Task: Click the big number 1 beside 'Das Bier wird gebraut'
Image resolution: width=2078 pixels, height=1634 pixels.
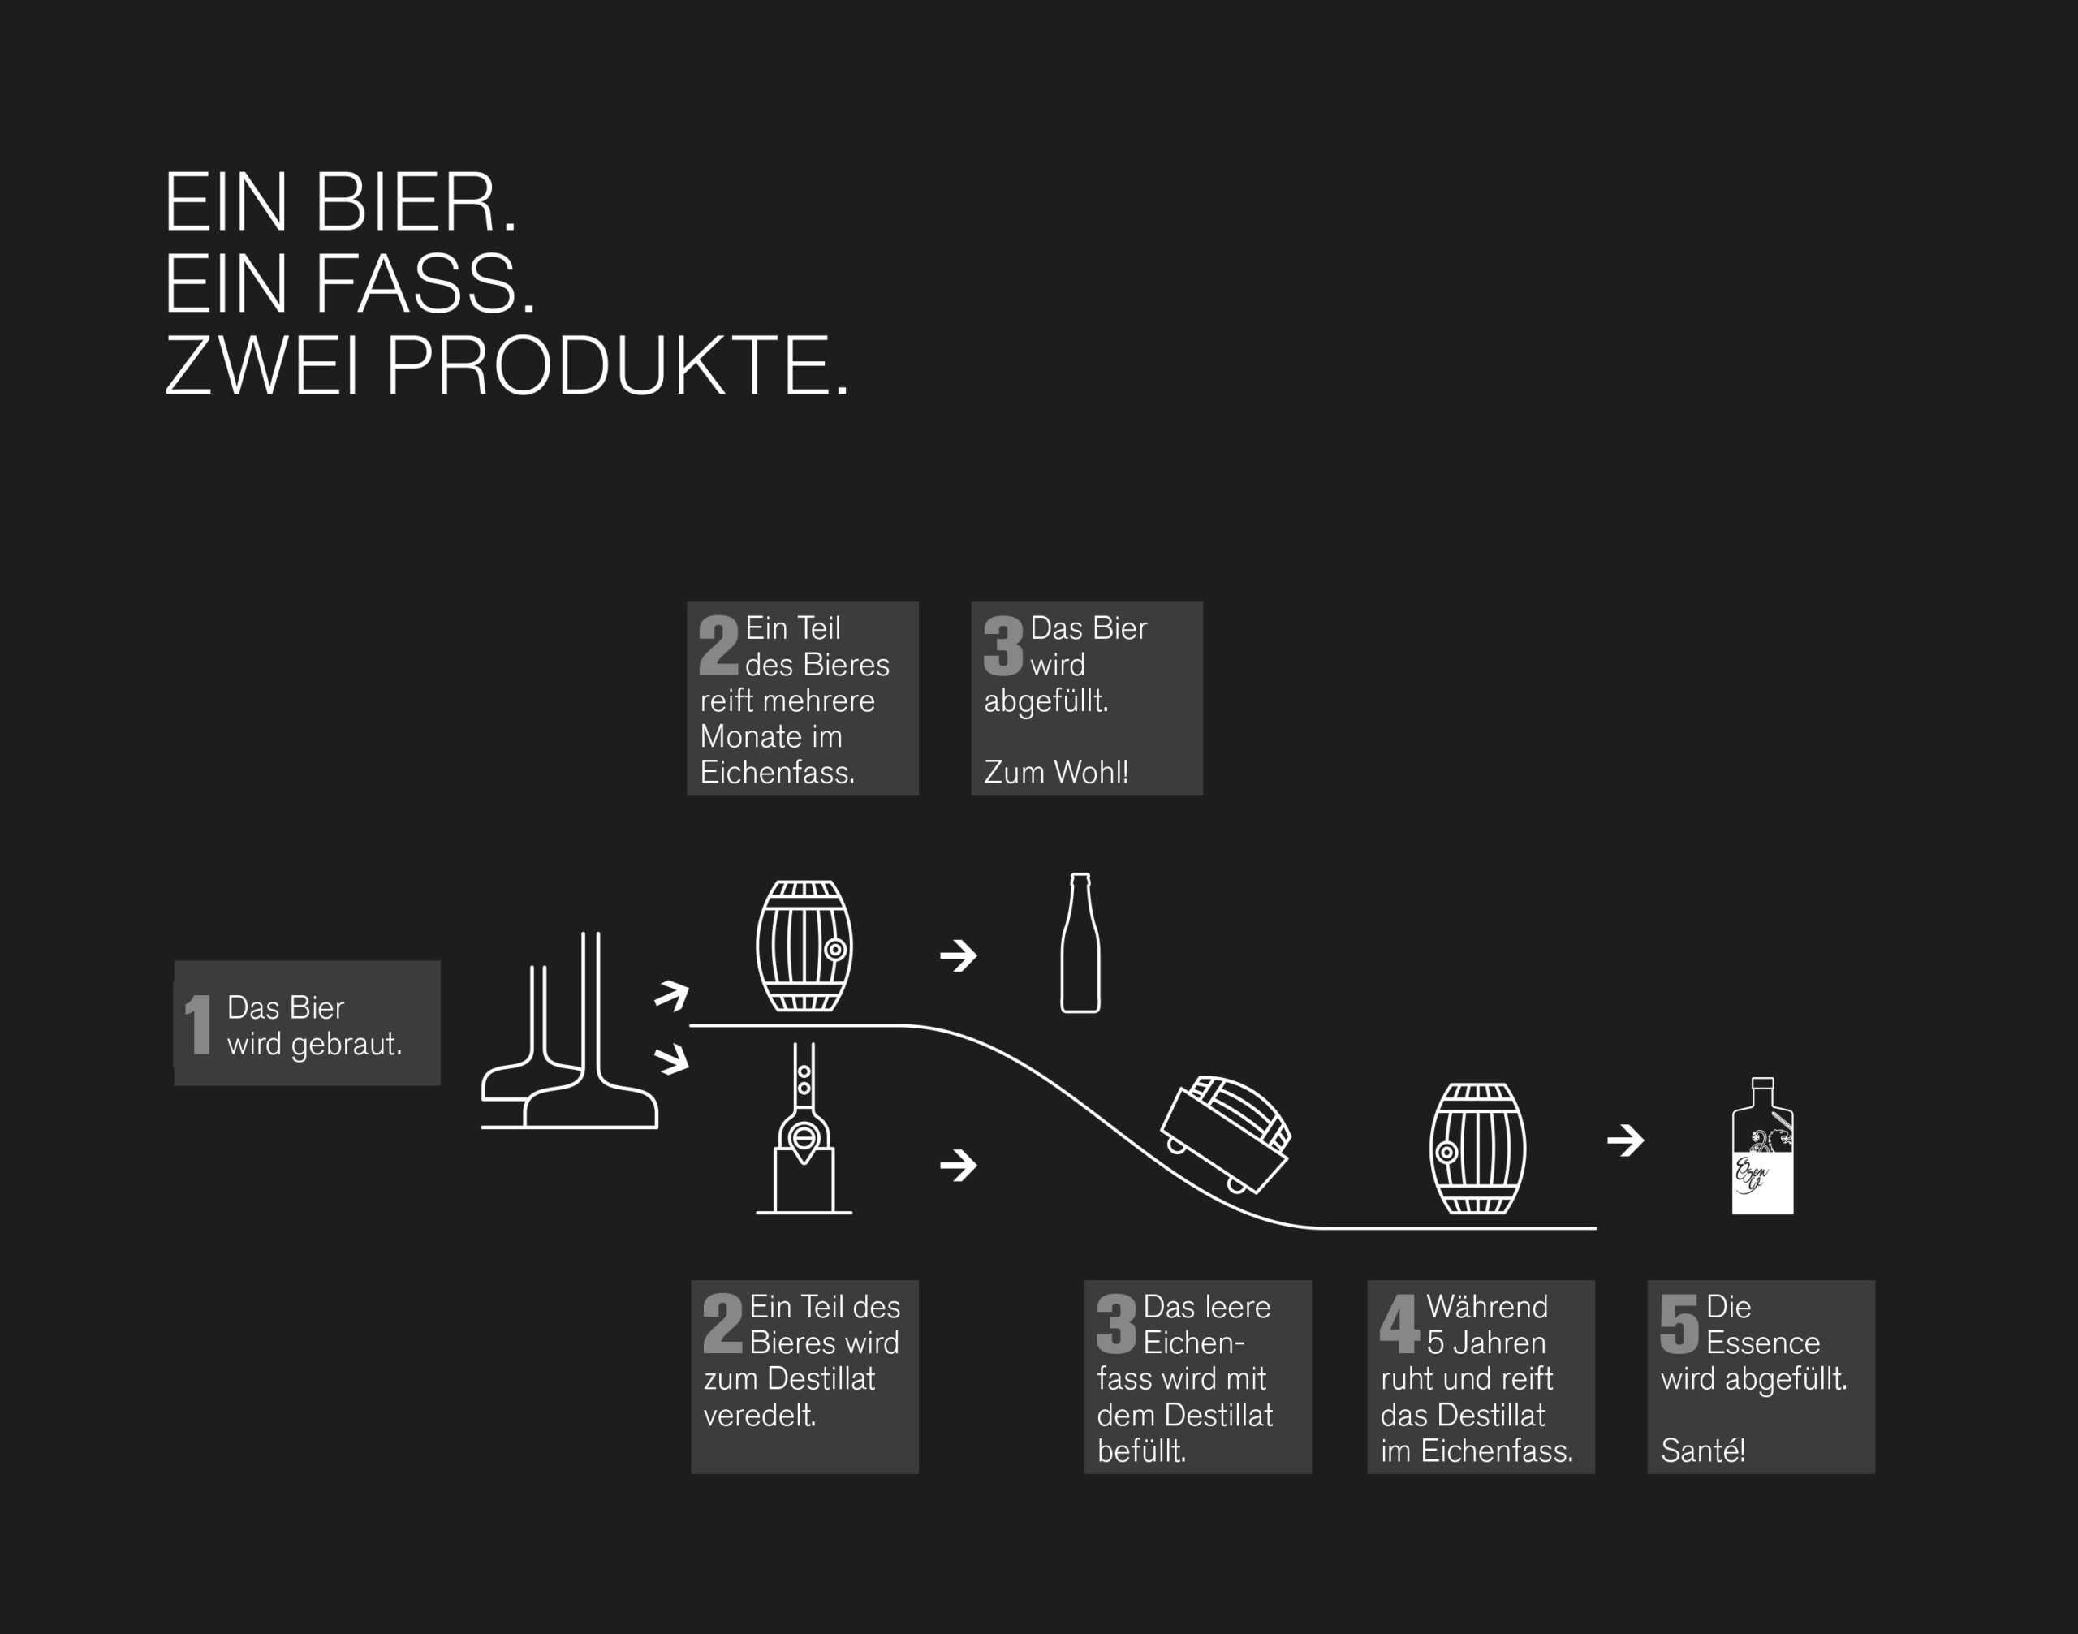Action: (198, 1024)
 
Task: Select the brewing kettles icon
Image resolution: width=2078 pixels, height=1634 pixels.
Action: (570, 1031)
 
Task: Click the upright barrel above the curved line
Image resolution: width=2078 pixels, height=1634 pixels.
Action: (804, 946)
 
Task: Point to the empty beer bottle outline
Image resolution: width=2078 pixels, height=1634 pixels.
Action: (1080, 942)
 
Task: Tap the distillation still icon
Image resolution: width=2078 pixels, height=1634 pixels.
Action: (804, 1129)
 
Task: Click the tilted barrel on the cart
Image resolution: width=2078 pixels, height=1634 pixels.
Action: (1226, 1136)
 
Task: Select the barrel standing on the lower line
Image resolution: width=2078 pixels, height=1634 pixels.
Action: (1478, 1148)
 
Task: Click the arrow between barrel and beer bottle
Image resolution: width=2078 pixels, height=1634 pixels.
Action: (959, 955)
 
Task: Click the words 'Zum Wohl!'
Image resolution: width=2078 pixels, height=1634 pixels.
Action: (1056, 772)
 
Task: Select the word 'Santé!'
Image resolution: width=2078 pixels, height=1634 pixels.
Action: (1703, 1451)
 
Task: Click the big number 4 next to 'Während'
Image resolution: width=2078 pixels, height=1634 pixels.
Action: (1399, 1324)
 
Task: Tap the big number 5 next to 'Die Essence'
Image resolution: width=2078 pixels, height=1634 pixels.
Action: (1680, 1324)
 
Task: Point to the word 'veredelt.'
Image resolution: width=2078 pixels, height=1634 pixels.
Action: (760, 1415)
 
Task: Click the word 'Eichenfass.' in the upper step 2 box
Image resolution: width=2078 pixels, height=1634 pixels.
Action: (777, 772)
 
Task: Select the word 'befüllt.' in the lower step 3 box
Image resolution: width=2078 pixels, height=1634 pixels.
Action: (1141, 1451)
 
